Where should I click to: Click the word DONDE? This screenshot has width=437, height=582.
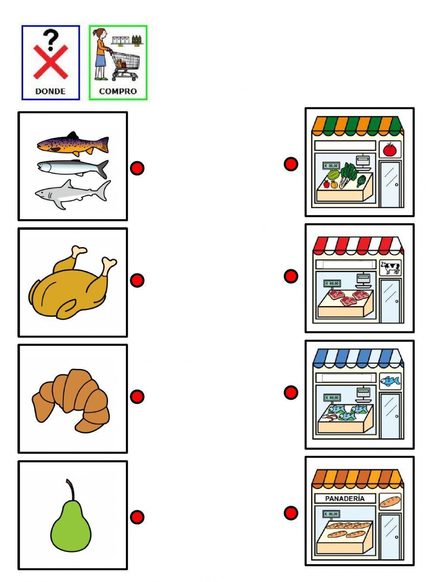(50, 91)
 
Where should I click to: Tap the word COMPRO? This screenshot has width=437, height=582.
(118, 91)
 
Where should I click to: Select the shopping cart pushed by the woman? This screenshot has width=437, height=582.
(125, 65)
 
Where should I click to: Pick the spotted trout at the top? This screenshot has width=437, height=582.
(73, 143)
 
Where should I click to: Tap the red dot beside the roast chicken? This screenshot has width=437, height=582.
(137, 280)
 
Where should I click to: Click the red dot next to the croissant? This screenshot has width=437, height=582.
(137, 396)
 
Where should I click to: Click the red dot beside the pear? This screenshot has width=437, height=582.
(137, 517)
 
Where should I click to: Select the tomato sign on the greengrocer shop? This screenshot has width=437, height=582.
(389, 149)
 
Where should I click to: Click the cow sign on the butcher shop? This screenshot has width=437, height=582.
(390, 267)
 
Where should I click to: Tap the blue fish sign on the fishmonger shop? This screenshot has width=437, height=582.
(390, 382)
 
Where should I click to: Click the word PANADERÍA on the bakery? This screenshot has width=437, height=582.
(345, 499)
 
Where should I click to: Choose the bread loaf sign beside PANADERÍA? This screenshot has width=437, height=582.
(390, 501)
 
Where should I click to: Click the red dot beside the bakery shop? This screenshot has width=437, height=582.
(291, 513)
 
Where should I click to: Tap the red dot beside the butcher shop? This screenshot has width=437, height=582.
(291, 276)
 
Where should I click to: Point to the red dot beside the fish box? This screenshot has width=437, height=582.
(137, 168)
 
